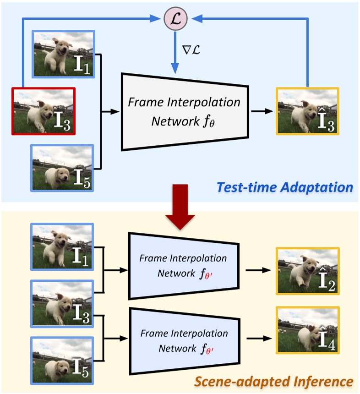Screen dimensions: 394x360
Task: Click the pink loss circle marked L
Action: coord(175,19)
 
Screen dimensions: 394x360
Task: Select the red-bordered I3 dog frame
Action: coord(43,111)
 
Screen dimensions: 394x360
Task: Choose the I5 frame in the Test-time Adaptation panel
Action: coord(62,167)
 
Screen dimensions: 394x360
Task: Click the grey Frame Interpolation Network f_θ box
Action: coord(184,111)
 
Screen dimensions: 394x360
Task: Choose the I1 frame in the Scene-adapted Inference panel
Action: coord(62,246)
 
